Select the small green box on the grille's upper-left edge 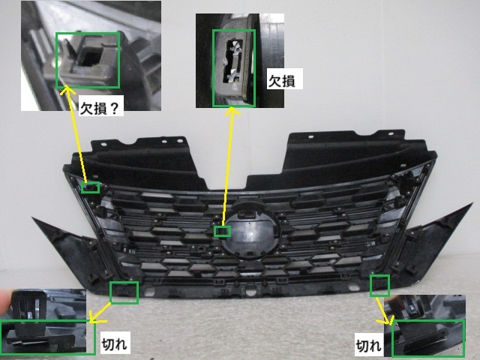click(90, 187)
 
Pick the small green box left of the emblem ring click(222, 231)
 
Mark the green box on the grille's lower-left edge click(124, 292)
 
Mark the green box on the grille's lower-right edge click(379, 284)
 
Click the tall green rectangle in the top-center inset click(233, 67)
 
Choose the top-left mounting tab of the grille click(169, 140)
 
